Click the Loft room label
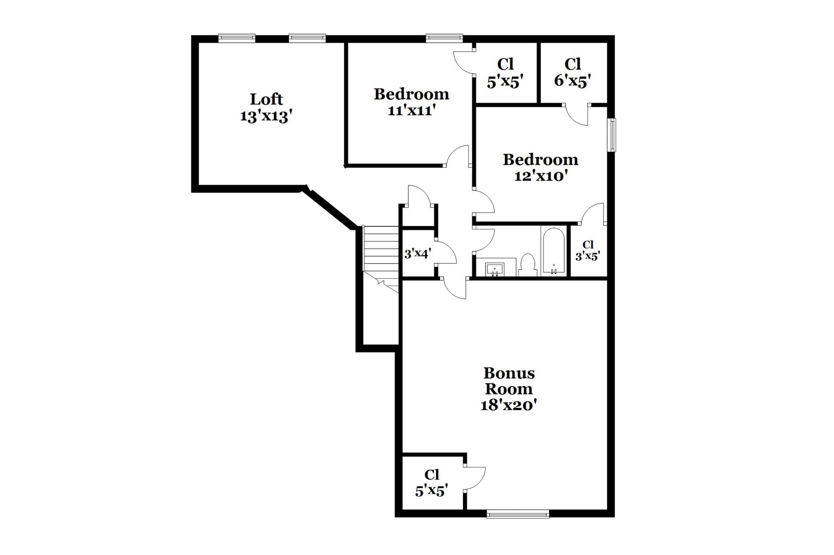point(266,99)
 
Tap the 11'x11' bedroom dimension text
point(412,110)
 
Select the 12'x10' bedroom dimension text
point(541,176)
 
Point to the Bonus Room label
point(509,381)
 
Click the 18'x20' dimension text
point(509,405)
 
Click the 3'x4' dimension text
point(418,254)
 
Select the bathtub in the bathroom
point(554,251)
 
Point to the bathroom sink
point(495,269)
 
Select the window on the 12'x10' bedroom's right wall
point(612,135)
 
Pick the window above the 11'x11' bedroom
point(444,38)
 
